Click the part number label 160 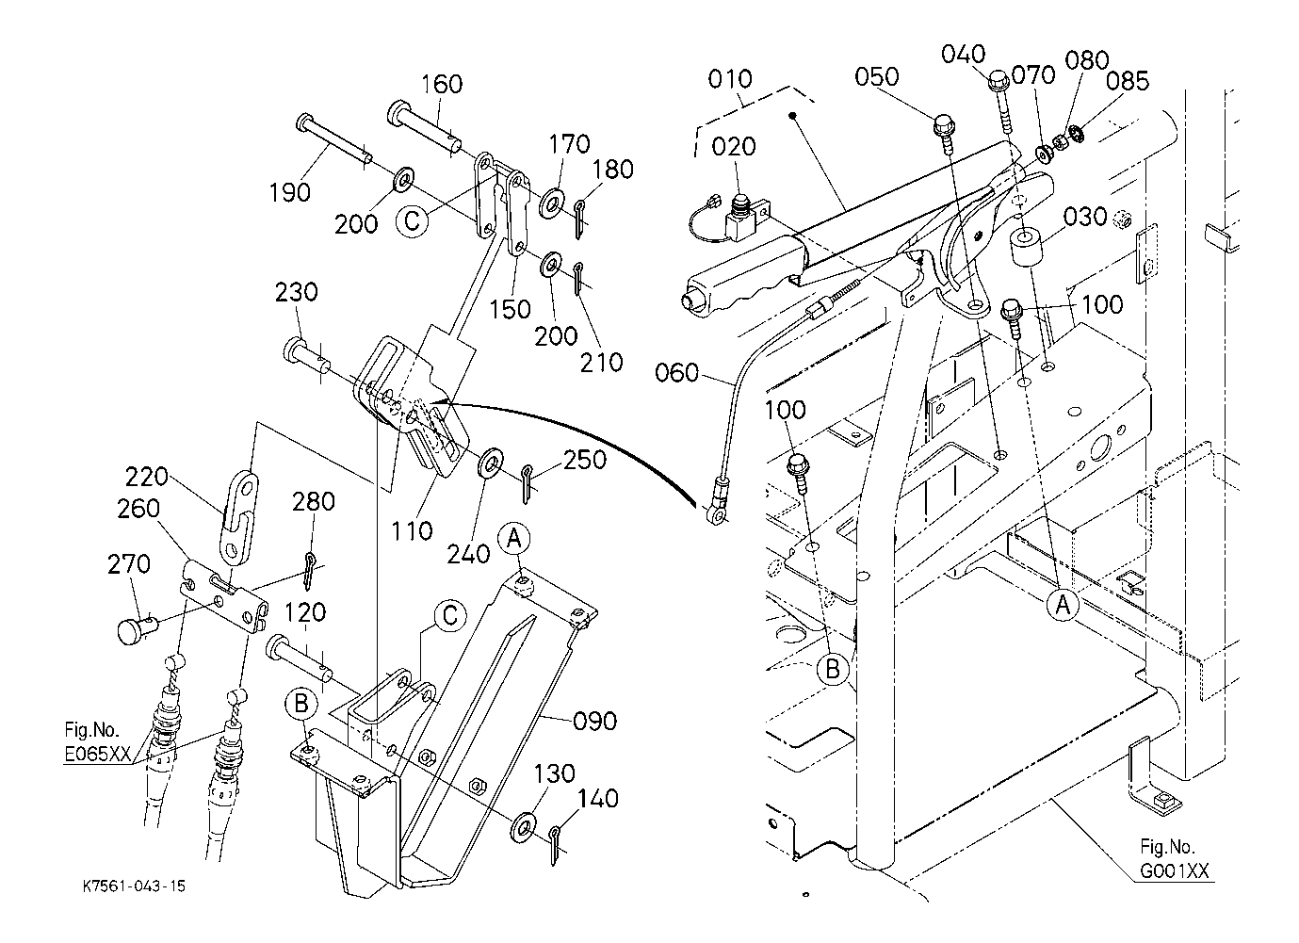(442, 85)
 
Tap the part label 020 (733, 147)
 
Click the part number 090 (595, 722)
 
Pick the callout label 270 (129, 564)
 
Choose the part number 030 (1085, 217)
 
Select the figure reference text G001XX (1174, 871)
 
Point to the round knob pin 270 (132, 628)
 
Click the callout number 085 (1128, 82)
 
